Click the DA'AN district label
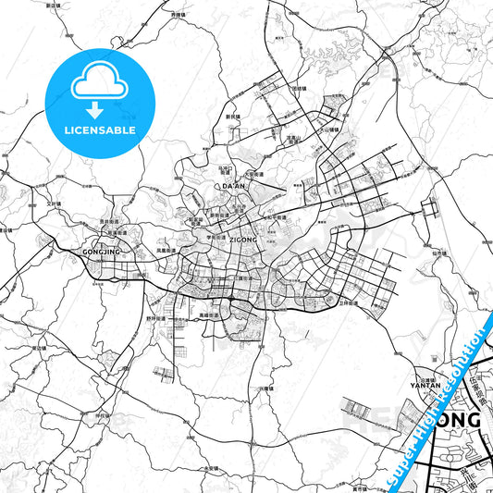235,187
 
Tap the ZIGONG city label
242,238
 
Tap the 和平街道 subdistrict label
274,217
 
